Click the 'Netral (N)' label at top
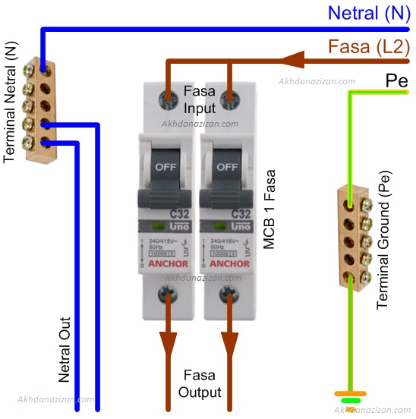[368, 13]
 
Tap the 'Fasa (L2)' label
[368, 47]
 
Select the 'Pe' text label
[396, 80]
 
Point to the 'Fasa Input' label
[200, 99]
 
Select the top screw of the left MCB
[166, 97]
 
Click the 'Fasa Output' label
[200, 384]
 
